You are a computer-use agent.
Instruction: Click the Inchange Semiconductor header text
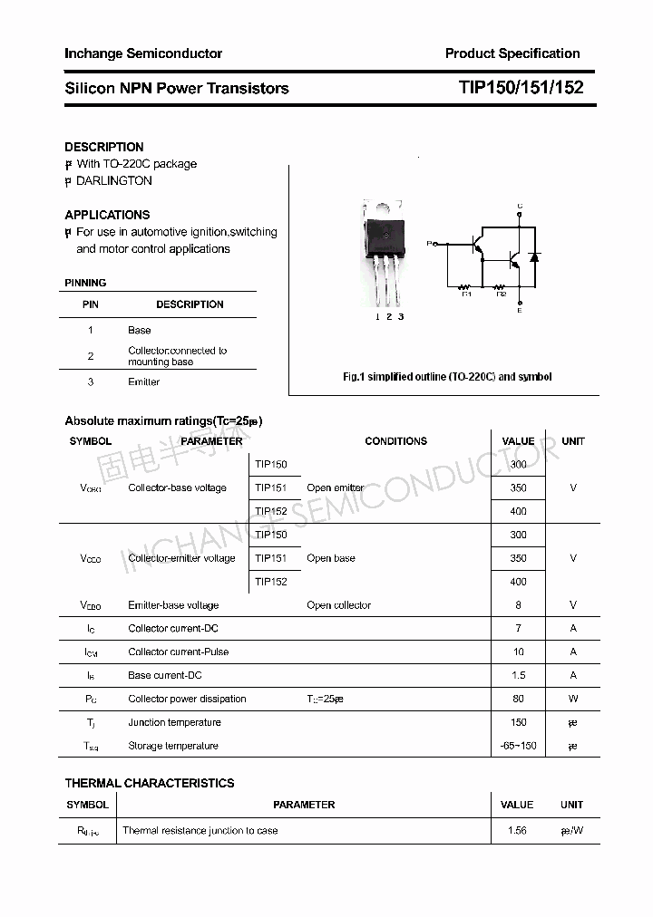[142, 53]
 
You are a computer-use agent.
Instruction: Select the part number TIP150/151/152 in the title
[521, 88]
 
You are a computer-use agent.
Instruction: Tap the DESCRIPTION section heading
[103, 147]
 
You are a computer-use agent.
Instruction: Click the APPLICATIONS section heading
[107, 215]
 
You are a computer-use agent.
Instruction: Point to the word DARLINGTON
[113, 180]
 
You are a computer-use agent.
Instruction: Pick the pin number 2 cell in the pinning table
[91, 356]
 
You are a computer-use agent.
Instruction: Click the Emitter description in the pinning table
[143, 381]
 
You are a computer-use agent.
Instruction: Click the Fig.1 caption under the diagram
[446, 376]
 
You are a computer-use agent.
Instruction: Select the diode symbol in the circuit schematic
[534, 257]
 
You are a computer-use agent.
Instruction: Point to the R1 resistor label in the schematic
[467, 293]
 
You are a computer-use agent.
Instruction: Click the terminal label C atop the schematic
[520, 207]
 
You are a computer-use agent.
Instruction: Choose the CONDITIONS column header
[395, 441]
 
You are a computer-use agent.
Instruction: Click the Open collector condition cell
[338, 605]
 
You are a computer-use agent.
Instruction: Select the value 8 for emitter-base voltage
[518, 605]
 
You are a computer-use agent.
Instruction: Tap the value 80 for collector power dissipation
[518, 699]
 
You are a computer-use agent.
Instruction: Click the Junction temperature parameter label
[174, 722]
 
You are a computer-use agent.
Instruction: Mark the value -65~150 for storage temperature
[518, 746]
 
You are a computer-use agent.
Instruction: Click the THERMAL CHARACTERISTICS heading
[149, 783]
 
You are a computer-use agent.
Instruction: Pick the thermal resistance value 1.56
[517, 830]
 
